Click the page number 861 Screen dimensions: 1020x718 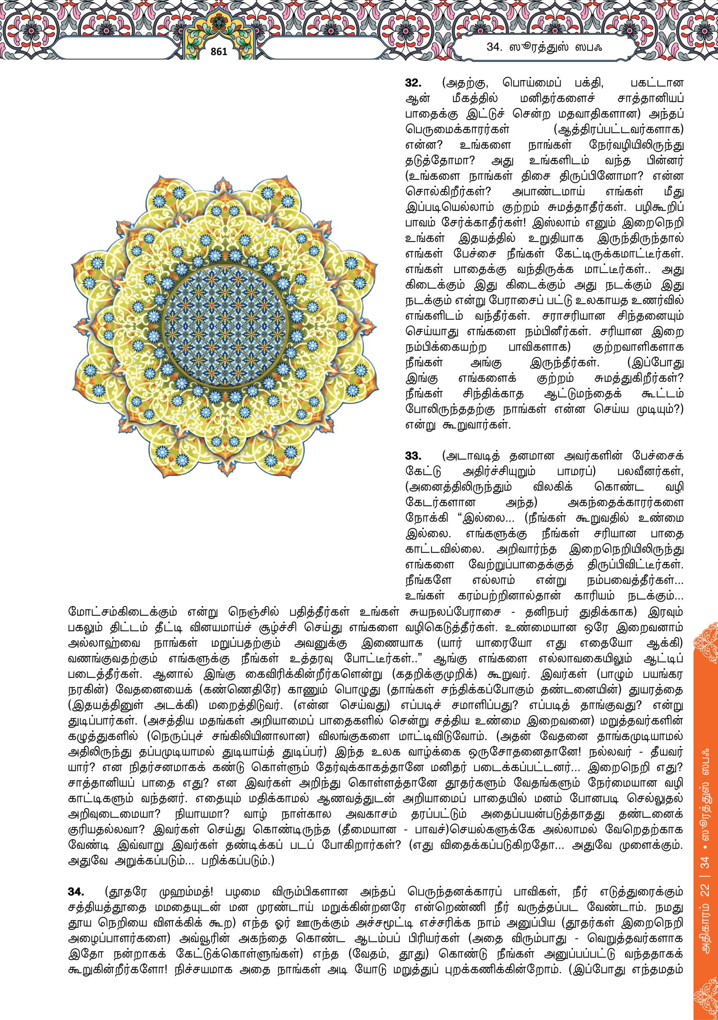click(x=219, y=51)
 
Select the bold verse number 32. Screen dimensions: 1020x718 click(x=413, y=83)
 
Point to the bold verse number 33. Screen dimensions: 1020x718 click(x=413, y=456)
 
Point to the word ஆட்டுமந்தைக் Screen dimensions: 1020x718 click(x=583, y=394)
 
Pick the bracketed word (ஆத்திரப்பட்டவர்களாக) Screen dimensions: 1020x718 click(x=618, y=130)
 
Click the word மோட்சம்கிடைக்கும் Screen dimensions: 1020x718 click(x=122, y=612)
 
